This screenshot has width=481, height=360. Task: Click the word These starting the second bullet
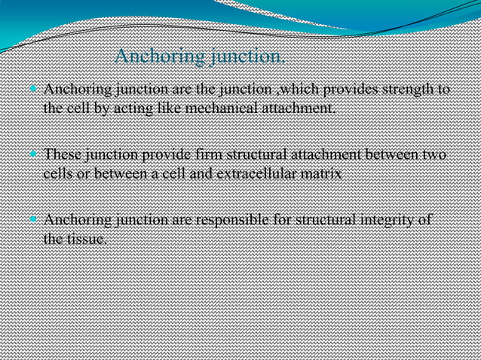tap(63, 156)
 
